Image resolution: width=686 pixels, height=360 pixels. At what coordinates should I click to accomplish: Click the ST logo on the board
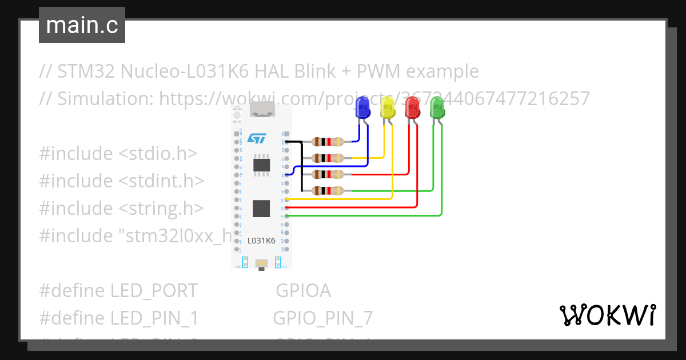(x=257, y=139)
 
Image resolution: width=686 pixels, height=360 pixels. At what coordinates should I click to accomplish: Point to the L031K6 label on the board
(x=262, y=241)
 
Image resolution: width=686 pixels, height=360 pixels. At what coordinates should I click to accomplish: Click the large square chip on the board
(x=261, y=209)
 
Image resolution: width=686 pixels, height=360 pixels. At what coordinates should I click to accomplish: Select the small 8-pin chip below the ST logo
(x=262, y=165)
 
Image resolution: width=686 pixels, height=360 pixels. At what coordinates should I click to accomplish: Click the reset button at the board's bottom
(x=261, y=263)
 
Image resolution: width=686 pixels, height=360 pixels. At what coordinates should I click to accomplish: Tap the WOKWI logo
(x=607, y=315)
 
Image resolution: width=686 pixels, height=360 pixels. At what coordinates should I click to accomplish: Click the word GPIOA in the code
(x=303, y=291)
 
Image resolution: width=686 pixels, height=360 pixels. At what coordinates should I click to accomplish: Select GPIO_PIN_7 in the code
(x=322, y=318)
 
